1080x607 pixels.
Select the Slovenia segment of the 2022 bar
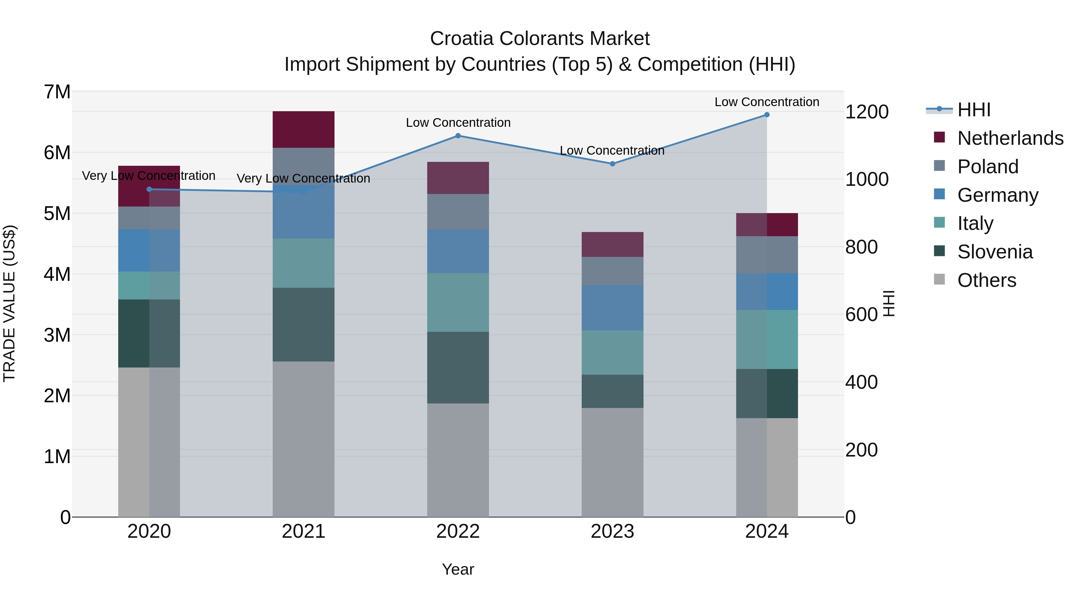[x=458, y=367]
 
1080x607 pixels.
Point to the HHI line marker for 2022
[x=458, y=136]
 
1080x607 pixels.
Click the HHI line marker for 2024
[x=767, y=115]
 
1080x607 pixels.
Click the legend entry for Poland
[x=987, y=167]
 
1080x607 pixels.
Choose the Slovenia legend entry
[x=994, y=252]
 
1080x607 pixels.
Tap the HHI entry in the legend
[x=973, y=110]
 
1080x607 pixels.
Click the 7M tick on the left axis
[x=57, y=92]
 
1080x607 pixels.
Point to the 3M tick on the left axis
[x=57, y=335]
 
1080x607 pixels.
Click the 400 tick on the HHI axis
[x=861, y=382]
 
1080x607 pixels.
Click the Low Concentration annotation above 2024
[x=766, y=102]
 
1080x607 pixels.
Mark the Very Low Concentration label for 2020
[x=148, y=176]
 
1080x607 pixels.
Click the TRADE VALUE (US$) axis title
[x=9, y=303]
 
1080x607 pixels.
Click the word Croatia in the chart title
[x=461, y=39]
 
